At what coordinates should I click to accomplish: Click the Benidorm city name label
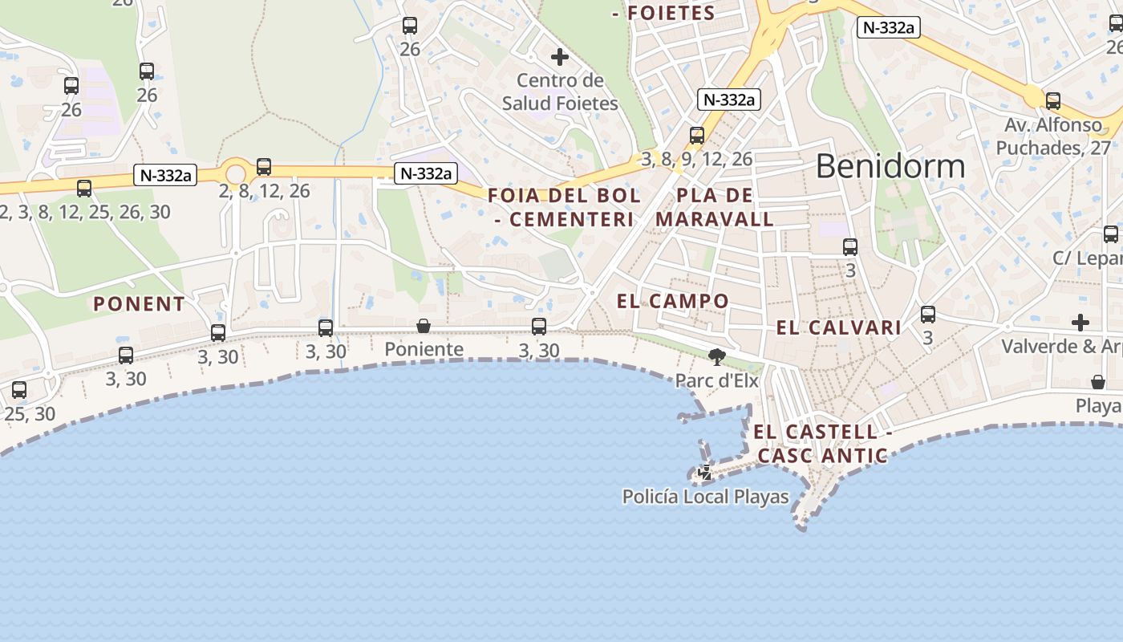tap(890, 166)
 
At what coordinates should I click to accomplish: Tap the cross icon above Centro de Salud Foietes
tap(560, 57)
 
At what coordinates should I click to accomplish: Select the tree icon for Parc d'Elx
tap(717, 357)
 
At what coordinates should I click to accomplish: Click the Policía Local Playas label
tap(706, 497)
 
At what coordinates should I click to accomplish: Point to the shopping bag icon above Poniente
tap(424, 326)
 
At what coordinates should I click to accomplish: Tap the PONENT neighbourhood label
tap(140, 304)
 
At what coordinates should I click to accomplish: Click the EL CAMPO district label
tap(673, 302)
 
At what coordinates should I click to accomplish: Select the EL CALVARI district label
tap(839, 327)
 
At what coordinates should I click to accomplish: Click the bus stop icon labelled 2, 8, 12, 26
tap(264, 167)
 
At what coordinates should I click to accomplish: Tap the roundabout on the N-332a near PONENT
tap(235, 173)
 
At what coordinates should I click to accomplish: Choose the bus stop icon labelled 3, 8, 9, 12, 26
tap(697, 136)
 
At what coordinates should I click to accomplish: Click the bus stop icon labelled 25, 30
tap(19, 390)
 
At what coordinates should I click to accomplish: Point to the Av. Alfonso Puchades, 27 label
tap(1053, 136)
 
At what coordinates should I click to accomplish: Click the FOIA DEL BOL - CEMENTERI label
tap(564, 207)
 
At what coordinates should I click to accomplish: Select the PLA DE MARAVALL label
tap(715, 207)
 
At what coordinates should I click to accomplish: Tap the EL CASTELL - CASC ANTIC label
tap(823, 444)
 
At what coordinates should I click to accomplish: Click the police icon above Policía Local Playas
tap(705, 473)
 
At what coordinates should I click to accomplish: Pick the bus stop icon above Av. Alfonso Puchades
tap(1053, 101)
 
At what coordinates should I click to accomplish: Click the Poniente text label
tap(424, 349)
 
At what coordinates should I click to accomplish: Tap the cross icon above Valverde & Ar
tap(1080, 323)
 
